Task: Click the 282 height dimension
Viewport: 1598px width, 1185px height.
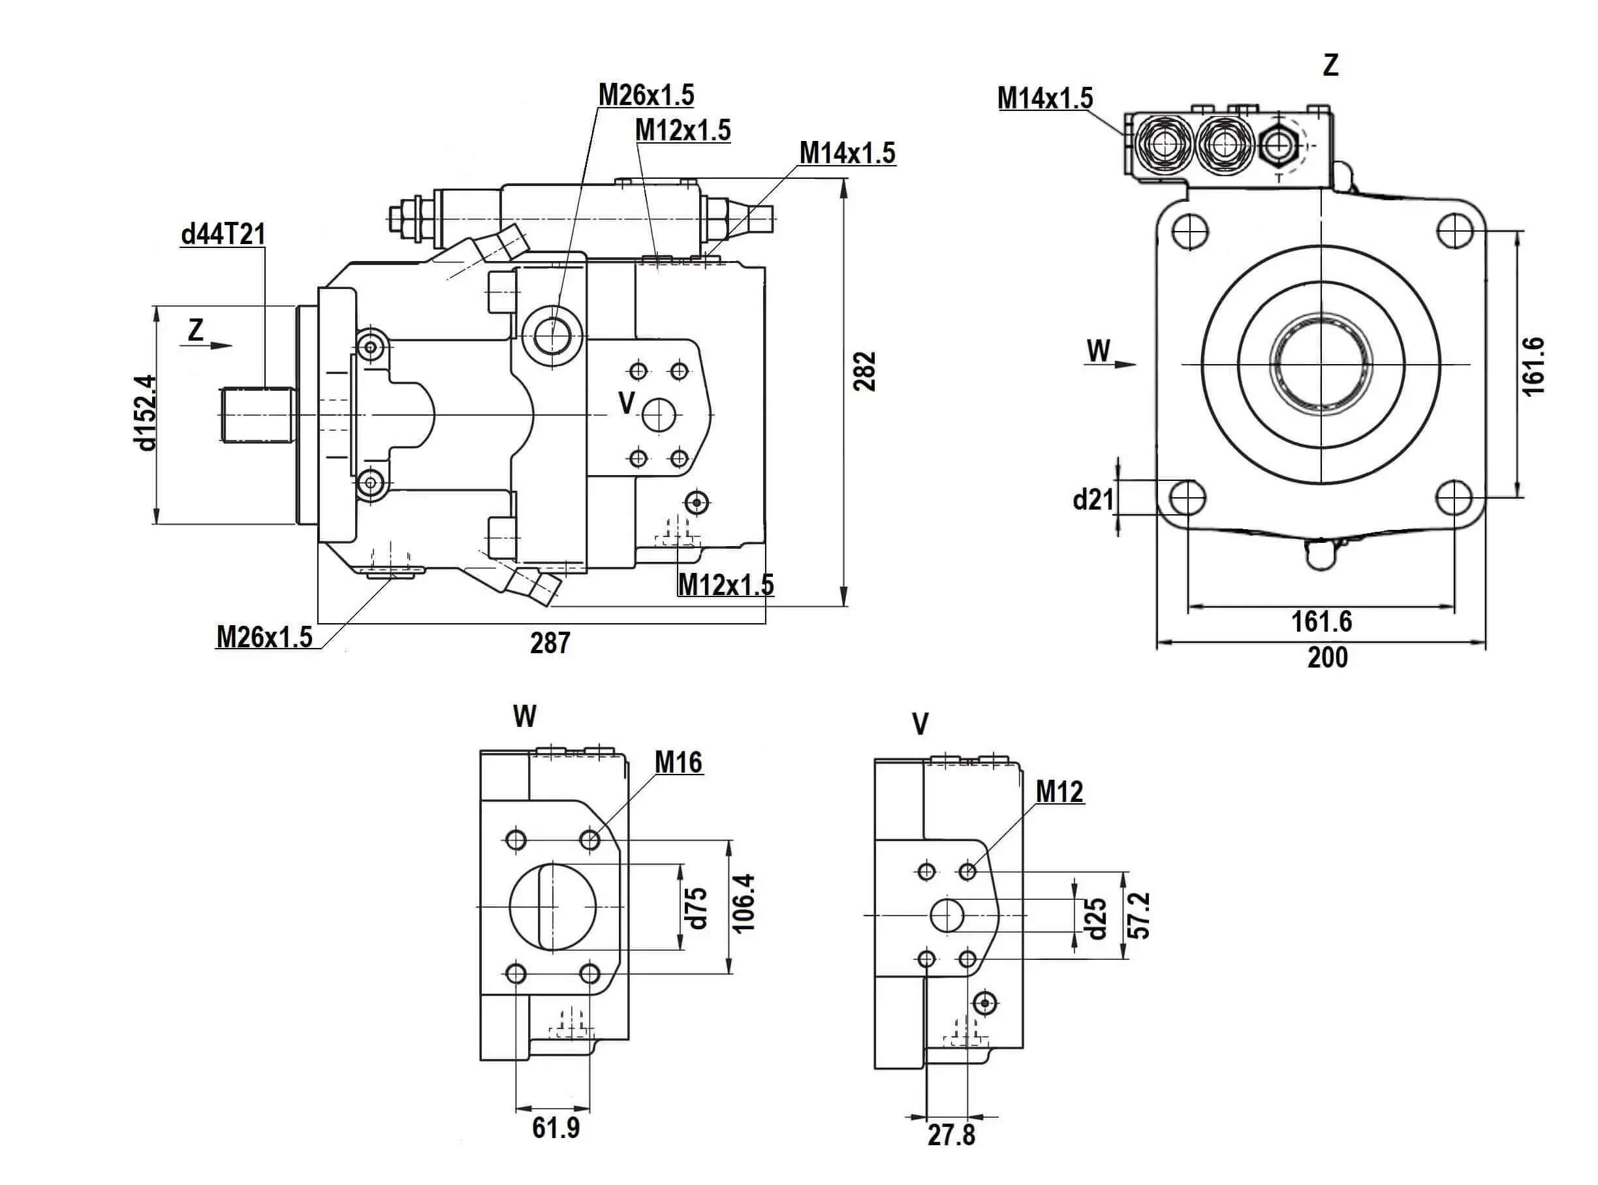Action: tap(865, 371)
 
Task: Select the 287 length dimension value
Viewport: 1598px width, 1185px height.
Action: tap(550, 643)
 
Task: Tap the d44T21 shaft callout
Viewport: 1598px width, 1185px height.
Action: tap(223, 234)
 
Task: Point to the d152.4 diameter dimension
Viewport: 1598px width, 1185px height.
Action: tap(145, 412)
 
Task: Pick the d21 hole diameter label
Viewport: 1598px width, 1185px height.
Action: tap(1093, 499)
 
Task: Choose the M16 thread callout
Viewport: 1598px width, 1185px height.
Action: tap(678, 763)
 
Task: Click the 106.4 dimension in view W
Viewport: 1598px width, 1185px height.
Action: tap(745, 903)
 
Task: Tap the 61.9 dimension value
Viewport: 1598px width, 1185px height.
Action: tap(556, 1128)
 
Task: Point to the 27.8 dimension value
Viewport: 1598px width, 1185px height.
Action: tap(952, 1135)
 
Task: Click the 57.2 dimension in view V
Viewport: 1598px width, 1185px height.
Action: tap(1140, 916)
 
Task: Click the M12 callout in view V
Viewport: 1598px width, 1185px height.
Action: tap(1059, 792)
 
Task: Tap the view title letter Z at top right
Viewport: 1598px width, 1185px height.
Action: tap(1330, 66)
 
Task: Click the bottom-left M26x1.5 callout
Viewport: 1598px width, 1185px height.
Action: tap(264, 637)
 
